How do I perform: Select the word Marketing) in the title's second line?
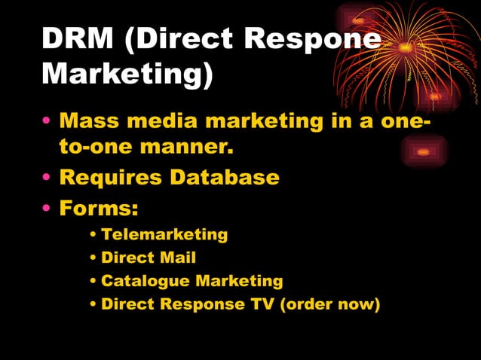pos(127,74)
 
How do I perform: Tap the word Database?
pos(225,178)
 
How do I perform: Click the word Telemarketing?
pos(164,234)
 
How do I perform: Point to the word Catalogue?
pos(145,281)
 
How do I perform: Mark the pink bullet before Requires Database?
pos(47,178)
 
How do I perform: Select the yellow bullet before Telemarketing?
pos(93,235)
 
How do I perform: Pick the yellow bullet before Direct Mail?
pos(93,258)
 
